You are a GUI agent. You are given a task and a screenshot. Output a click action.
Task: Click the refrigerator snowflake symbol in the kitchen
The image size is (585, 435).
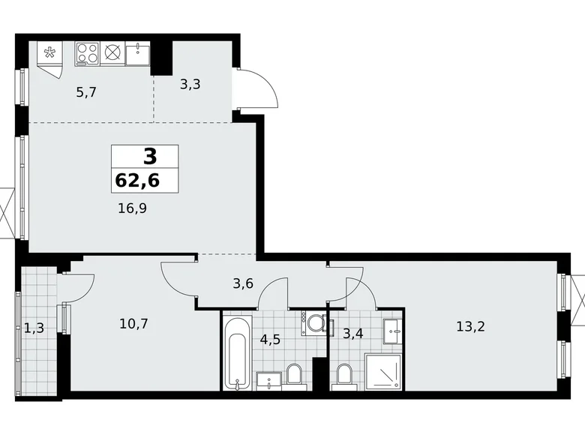50,52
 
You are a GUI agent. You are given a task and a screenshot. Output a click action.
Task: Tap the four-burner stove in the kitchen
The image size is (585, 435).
87,52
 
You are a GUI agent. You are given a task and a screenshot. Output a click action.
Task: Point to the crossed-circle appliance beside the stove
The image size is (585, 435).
112,52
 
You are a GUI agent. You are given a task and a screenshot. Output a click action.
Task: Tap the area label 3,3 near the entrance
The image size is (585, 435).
190,84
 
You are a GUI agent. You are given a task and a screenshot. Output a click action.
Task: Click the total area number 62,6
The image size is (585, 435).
144,180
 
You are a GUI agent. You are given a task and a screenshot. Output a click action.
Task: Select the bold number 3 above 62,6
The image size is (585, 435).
150,157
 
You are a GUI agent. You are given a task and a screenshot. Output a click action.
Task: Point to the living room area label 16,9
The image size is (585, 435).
131,208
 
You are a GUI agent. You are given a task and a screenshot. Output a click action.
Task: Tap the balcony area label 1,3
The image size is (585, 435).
32,327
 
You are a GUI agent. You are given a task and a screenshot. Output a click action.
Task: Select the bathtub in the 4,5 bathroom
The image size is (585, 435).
236,352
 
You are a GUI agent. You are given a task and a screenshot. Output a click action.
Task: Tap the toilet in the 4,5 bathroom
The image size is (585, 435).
295,373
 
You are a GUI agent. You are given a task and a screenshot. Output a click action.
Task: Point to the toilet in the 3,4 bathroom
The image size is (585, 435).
344,373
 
